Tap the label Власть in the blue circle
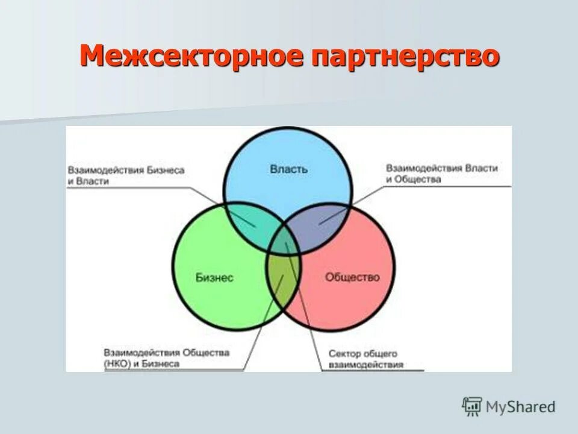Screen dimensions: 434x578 [289, 169]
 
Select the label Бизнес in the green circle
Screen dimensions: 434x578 [214, 277]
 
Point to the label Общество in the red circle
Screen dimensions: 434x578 [353, 277]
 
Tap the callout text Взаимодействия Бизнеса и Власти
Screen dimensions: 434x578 [126, 175]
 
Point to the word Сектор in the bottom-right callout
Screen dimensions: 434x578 [344, 353]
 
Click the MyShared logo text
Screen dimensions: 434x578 [521, 407]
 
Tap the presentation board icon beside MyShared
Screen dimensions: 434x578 [472, 406]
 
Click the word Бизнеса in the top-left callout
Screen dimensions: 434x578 [165, 170]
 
